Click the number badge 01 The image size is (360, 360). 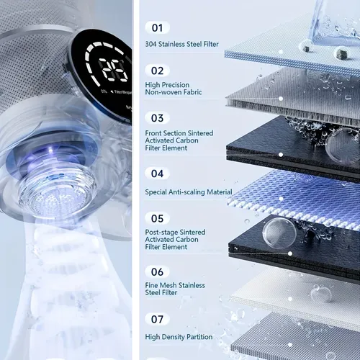point(158,27)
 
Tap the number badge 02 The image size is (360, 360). point(158,71)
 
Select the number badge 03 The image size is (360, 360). point(158,117)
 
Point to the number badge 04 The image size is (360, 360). point(158,174)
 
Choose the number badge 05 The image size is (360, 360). point(158,217)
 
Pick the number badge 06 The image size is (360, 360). point(158,271)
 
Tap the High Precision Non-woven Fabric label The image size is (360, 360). point(174,89)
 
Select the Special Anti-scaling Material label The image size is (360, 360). point(189,192)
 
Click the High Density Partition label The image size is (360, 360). point(179,336)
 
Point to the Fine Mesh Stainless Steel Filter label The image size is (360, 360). point(175,289)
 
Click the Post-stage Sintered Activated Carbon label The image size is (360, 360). point(175,240)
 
